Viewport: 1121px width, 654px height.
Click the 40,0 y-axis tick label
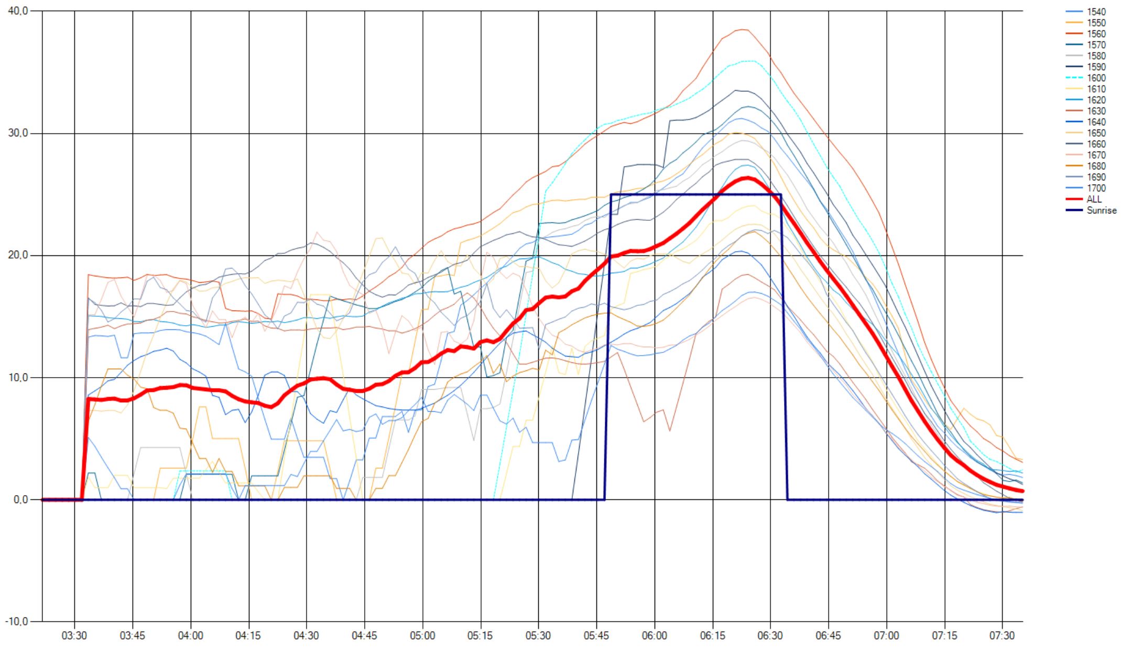[x=18, y=11]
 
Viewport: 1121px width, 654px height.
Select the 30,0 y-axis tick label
[x=18, y=133]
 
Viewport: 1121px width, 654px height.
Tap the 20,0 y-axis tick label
[x=18, y=255]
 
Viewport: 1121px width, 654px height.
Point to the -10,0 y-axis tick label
[x=16, y=621]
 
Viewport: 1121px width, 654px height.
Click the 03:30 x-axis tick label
[x=74, y=636]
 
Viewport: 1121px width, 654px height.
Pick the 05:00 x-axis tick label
[x=422, y=636]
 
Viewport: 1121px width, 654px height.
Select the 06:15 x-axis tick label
[x=713, y=636]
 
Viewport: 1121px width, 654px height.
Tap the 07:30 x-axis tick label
[x=1003, y=636]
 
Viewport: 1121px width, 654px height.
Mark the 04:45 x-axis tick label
[x=364, y=636]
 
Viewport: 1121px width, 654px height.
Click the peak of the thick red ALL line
[x=746, y=178]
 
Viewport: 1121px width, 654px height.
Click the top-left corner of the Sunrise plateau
[x=611, y=195]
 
